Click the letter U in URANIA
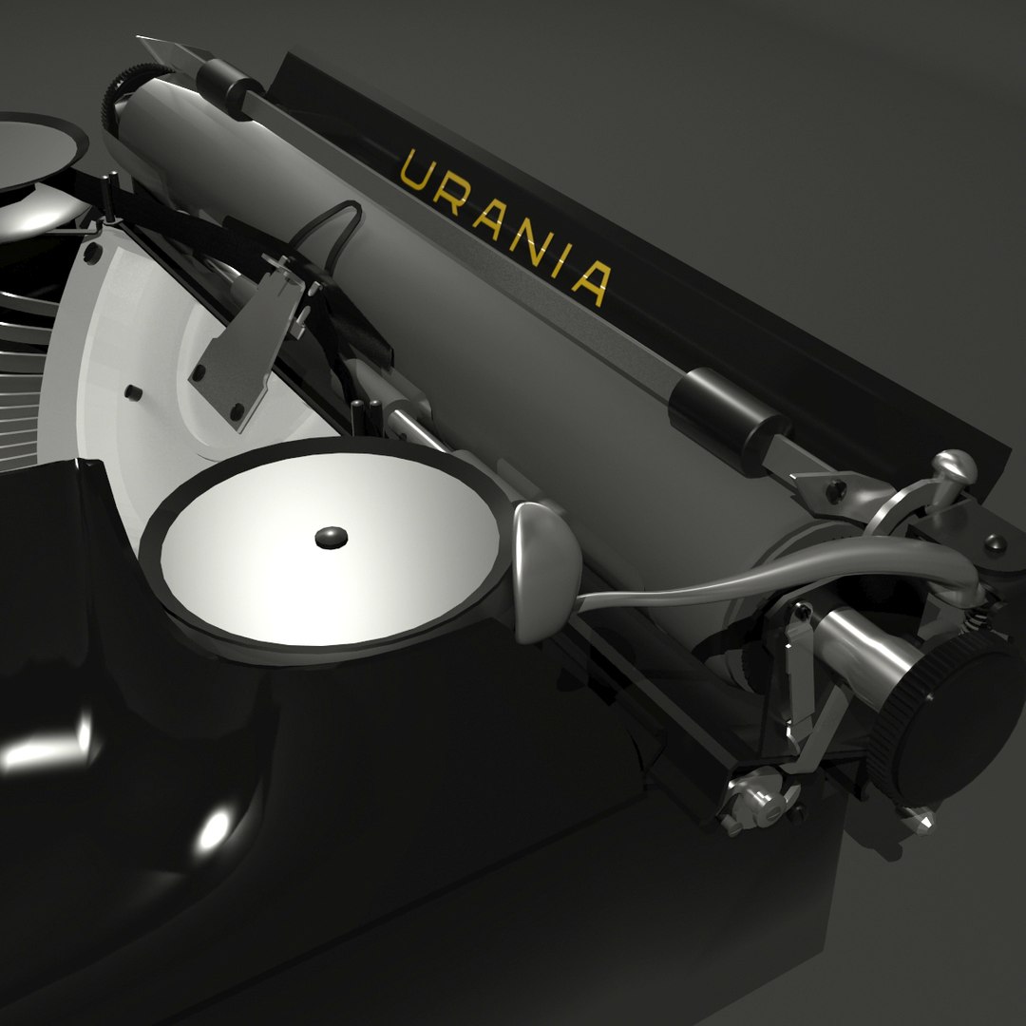(x=415, y=172)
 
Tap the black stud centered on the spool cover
(x=331, y=538)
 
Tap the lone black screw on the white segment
(x=133, y=391)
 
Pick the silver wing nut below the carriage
(x=750, y=798)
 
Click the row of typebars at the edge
(x=19, y=380)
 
